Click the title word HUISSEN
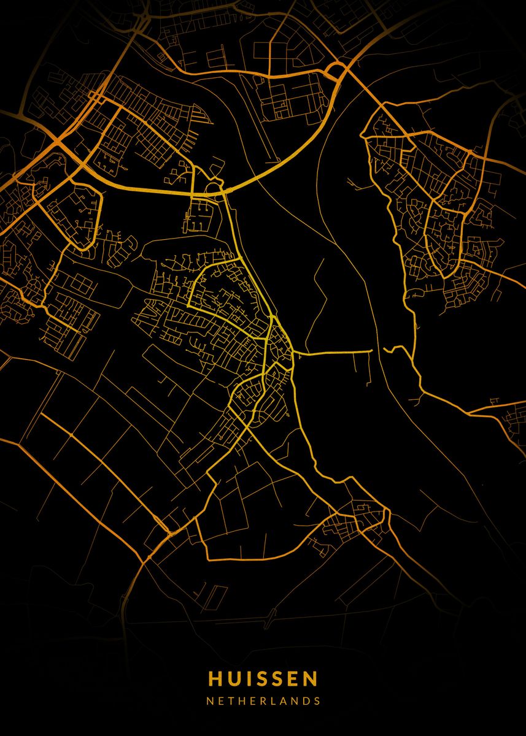pos(263,678)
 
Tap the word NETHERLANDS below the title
pos(263,700)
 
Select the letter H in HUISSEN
pos(215,678)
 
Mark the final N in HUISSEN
pos(311,678)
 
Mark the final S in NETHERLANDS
pos(316,700)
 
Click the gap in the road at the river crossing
pos(378,350)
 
